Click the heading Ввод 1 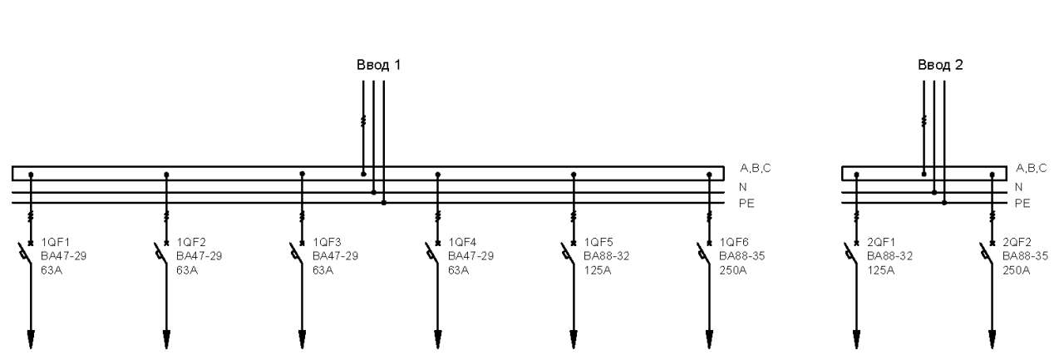(x=378, y=65)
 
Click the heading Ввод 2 (x=940, y=65)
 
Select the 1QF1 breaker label (x=56, y=242)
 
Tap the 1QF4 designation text (x=462, y=242)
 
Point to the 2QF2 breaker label (x=1017, y=242)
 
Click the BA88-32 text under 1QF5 (x=607, y=256)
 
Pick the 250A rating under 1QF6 (x=733, y=270)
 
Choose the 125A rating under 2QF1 (x=880, y=270)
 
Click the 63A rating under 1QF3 (x=323, y=270)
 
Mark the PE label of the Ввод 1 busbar (x=746, y=203)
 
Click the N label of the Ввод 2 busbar (x=1018, y=187)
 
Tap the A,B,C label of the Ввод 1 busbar (x=756, y=168)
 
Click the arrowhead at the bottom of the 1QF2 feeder (x=166, y=339)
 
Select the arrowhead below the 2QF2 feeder (x=992, y=339)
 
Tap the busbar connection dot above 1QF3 (x=302, y=175)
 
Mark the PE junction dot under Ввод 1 (x=384, y=203)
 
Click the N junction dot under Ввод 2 (x=934, y=192)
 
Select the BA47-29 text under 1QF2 (x=199, y=256)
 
